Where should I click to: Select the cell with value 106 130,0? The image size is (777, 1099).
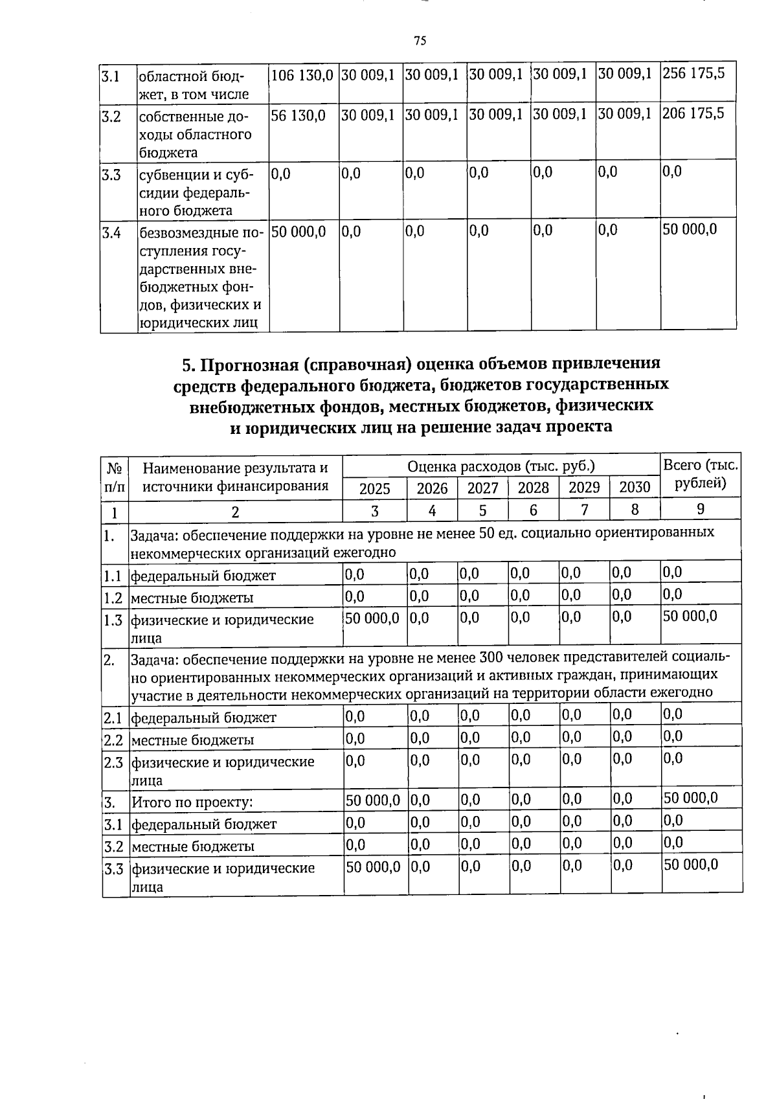302,74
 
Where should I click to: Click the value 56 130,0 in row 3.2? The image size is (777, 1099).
298,115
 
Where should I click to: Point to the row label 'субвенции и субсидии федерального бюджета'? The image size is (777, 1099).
194,192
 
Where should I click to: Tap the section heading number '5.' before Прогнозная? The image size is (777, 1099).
188,365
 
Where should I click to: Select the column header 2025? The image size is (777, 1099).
374,488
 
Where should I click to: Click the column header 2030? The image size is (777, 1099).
635,487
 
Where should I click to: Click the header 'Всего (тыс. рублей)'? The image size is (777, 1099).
701,475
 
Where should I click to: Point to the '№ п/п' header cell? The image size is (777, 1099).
115,477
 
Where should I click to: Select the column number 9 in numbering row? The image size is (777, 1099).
701,510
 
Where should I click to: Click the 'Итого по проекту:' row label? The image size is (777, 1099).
192,803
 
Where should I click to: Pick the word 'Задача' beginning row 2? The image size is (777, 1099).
154,660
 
